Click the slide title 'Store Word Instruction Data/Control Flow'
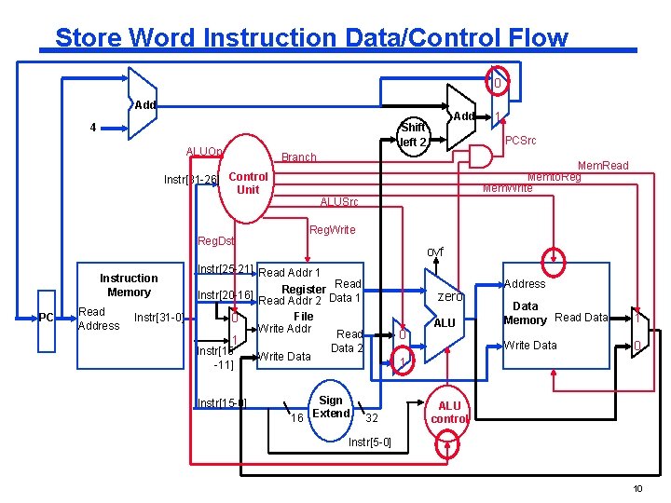click(310, 37)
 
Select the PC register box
click(47, 319)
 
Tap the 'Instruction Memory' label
click(129, 285)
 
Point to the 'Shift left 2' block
click(413, 135)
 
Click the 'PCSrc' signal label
click(522, 140)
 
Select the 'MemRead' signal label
click(603, 165)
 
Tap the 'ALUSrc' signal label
click(338, 202)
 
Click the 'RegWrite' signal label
click(332, 230)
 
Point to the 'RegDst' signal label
click(216, 241)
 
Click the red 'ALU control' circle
click(449, 413)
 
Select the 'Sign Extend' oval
click(331, 407)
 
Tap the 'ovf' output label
click(434, 252)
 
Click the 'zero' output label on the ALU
click(450, 296)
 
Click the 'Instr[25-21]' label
click(225, 270)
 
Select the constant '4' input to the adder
click(92, 127)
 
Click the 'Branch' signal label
click(299, 157)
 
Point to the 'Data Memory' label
click(525, 313)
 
